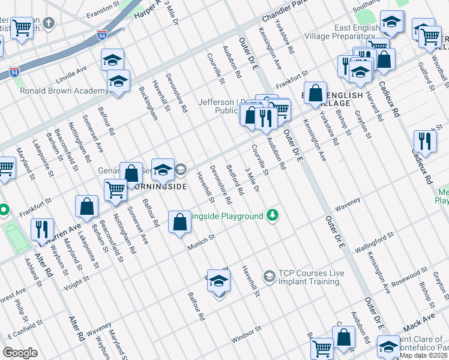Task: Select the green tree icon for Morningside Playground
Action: [273, 215]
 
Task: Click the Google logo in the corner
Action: [20, 352]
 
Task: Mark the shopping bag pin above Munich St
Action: [179, 222]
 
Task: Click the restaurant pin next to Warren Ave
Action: [41, 229]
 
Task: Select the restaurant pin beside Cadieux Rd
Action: [424, 142]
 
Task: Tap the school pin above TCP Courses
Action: [219, 281]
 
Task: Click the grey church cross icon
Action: [49, 23]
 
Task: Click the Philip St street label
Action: [21, 313]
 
